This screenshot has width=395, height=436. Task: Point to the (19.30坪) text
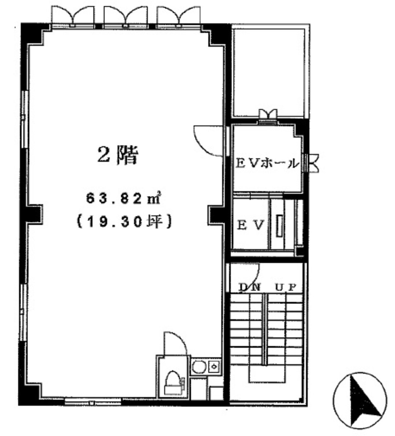123,222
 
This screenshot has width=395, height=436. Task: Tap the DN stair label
250,287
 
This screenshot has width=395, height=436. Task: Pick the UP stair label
286,287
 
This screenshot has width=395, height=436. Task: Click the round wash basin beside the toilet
199,367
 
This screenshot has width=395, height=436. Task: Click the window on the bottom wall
93,402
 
